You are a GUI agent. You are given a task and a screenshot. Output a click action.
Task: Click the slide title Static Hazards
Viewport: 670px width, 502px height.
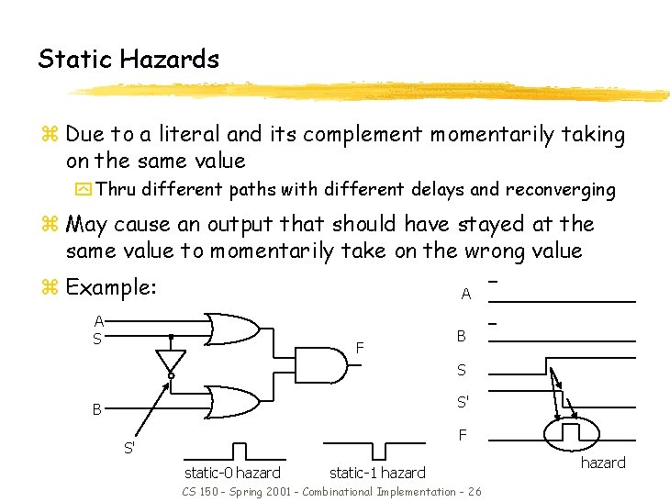pyautogui.click(x=128, y=60)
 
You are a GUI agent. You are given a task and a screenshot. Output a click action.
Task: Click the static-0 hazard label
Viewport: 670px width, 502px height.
pyautogui.click(x=232, y=473)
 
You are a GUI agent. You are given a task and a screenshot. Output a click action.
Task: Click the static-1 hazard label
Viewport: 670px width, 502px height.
pyautogui.click(x=377, y=473)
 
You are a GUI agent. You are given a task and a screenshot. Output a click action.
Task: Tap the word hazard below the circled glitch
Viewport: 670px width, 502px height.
pyautogui.click(x=603, y=463)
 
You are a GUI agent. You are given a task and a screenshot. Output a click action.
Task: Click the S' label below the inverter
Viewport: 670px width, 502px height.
pyautogui.click(x=130, y=449)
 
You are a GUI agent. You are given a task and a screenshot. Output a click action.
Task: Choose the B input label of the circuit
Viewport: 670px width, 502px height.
pyautogui.click(x=95, y=409)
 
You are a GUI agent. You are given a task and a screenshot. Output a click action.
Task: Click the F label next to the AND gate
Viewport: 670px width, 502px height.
pyautogui.click(x=361, y=348)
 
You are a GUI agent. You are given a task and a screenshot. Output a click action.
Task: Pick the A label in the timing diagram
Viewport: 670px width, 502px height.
pyautogui.click(x=465, y=295)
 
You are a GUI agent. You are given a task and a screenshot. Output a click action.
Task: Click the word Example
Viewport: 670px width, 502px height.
pyautogui.click(x=111, y=287)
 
